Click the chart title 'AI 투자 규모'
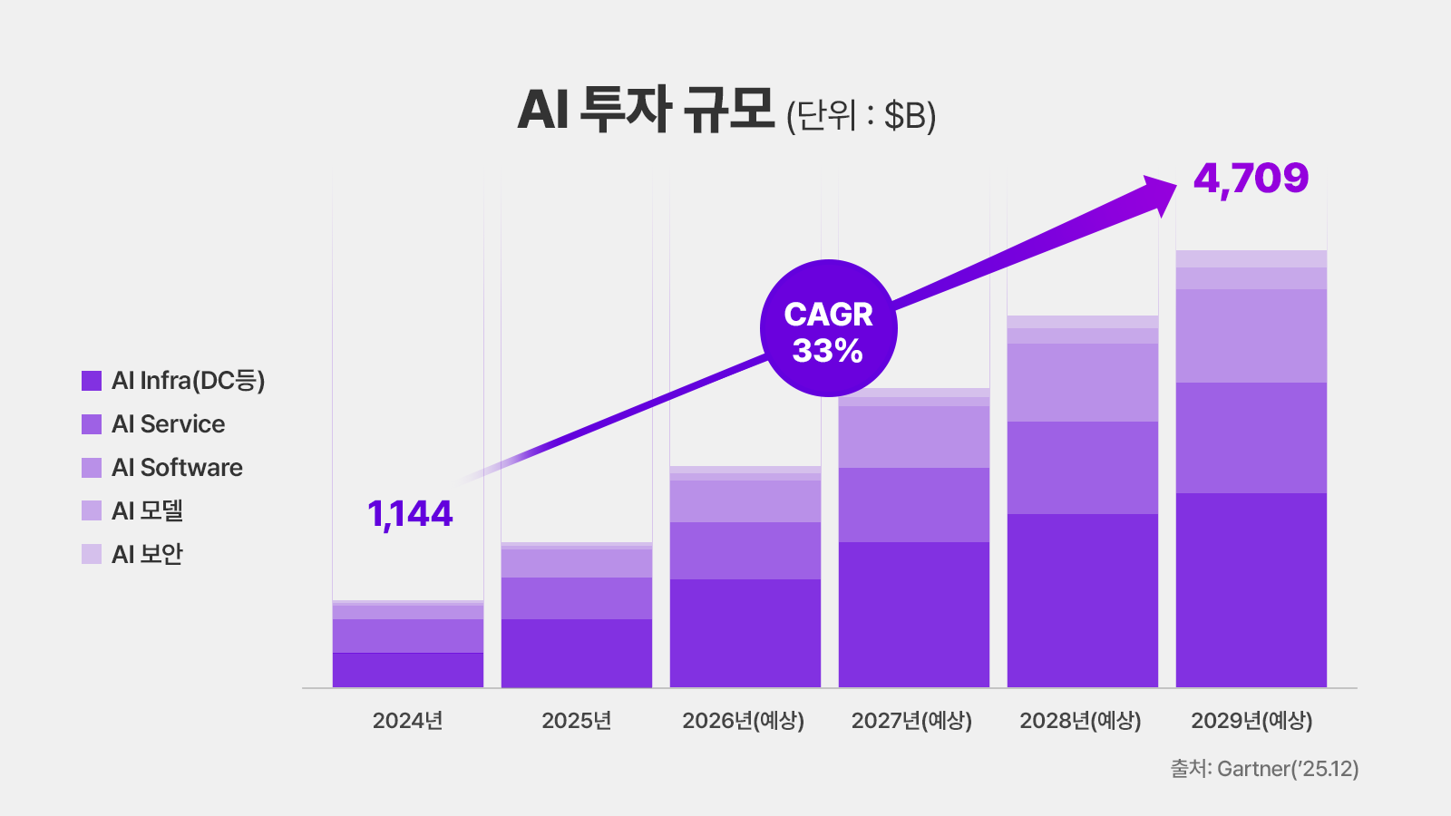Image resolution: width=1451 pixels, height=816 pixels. coord(646,111)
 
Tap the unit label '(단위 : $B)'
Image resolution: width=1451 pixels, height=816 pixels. coord(861,116)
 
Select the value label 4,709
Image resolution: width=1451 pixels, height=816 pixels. coord(1251,179)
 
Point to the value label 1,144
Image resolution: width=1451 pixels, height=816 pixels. coord(410,514)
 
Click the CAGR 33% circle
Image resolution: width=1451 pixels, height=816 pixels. coord(828,328)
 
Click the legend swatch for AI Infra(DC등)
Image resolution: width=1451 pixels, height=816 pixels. coord(92,381)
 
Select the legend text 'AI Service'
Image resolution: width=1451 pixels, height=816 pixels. coord(168,424)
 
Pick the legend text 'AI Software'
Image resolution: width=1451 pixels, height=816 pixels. coord(177,468)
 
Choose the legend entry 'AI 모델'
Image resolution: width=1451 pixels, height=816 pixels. coord(147,511)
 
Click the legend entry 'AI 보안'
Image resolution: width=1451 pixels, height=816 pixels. coord(147,554)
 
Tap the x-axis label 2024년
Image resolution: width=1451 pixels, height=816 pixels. coord(407,721)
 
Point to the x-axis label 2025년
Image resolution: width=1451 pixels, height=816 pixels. coord(576,721)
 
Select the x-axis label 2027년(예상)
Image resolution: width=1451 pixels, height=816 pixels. coord(911,721)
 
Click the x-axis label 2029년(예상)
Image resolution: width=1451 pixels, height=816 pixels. coord(1251,721)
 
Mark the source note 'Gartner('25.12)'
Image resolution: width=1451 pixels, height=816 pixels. coord(1287,769)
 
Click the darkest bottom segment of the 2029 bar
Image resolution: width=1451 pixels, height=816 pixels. coord(1251,589)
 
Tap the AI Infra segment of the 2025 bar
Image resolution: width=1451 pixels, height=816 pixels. coord(576,653)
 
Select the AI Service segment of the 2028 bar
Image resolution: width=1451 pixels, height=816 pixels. coord(1082,468)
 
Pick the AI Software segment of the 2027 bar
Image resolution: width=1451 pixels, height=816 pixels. coord(913,437)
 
